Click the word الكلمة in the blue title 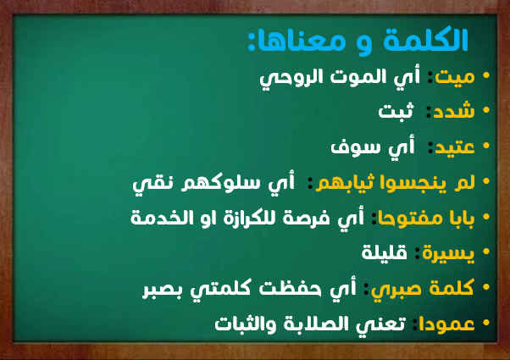[426, 40]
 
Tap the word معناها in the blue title [298, 42]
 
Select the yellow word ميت [455, 78]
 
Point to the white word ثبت [396, 110]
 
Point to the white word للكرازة [257, 217]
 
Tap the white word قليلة [385, 252]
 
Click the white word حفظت [290, 288]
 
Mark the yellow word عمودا [446, 324]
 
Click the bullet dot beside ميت [486, 75]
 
